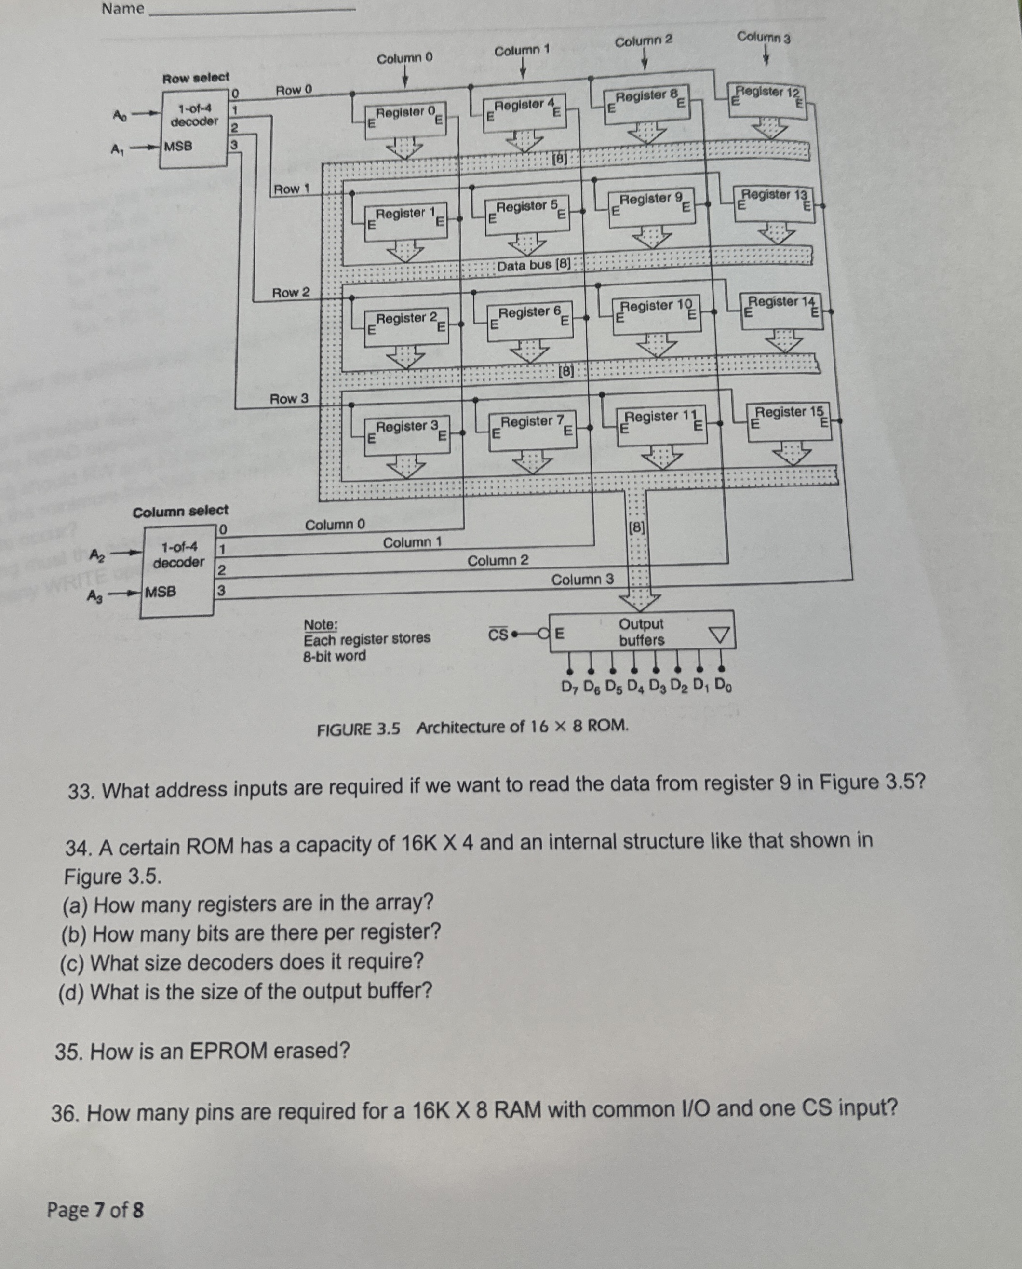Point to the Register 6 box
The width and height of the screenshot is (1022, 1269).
[529, 319]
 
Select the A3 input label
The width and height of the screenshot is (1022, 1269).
[95, 596]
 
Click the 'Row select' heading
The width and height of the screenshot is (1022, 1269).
[195, 78]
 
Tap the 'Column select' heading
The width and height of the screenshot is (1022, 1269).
[180, 511]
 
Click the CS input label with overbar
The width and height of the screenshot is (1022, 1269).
[498, 635]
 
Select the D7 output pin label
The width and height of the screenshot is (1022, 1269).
[569, 687]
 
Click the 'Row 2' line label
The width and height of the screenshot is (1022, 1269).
[290, 293]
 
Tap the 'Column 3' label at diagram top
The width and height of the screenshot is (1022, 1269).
[764, 37]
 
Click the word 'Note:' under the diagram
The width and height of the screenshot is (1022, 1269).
[320, 624]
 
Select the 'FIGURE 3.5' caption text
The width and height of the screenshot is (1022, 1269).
[358, 729]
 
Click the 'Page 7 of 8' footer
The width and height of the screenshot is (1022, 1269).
[95, 1210]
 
